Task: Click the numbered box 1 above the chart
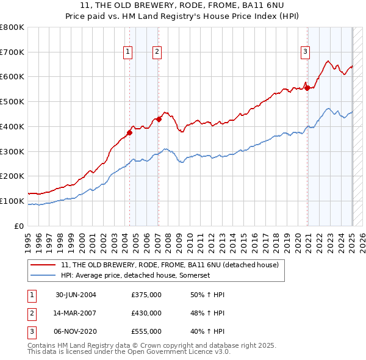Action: pos(128,52)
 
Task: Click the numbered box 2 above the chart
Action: pos(157,52)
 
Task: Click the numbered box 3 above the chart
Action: pos(304,52)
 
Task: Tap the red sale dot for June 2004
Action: pos(130,132)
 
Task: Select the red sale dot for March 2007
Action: pos(159,119)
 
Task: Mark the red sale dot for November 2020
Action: pos(307,88)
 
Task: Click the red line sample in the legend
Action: pos(43,265)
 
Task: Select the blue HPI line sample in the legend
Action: pos(43,275)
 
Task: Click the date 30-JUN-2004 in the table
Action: pos(76,295)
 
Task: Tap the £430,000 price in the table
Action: pos(146,313)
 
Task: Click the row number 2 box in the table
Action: pos(31,313)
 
